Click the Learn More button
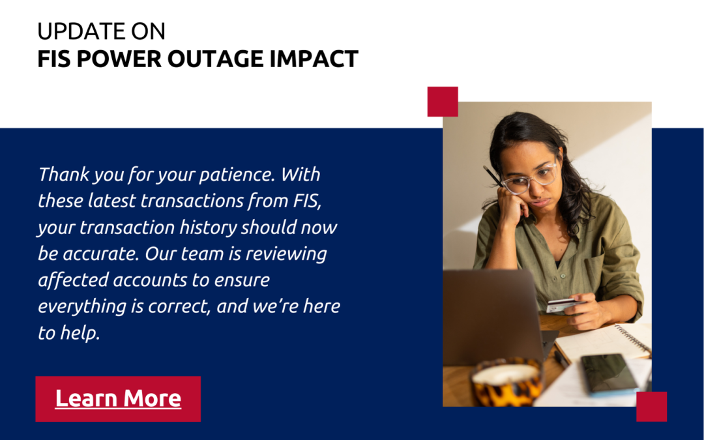(x=118, y=399)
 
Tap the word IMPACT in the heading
(x=314, y=59)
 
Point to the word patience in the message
(x=237, y=175)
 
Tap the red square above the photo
(x=443, y=102)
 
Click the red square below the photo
(x=651, y=406)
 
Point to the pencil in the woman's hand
(x=493, y=176)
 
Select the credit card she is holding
(x=562, y=305)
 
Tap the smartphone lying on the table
(x=609, y=374)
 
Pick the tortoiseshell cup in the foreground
(x=507, y=382)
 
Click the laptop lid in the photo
(x=492, y=317)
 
